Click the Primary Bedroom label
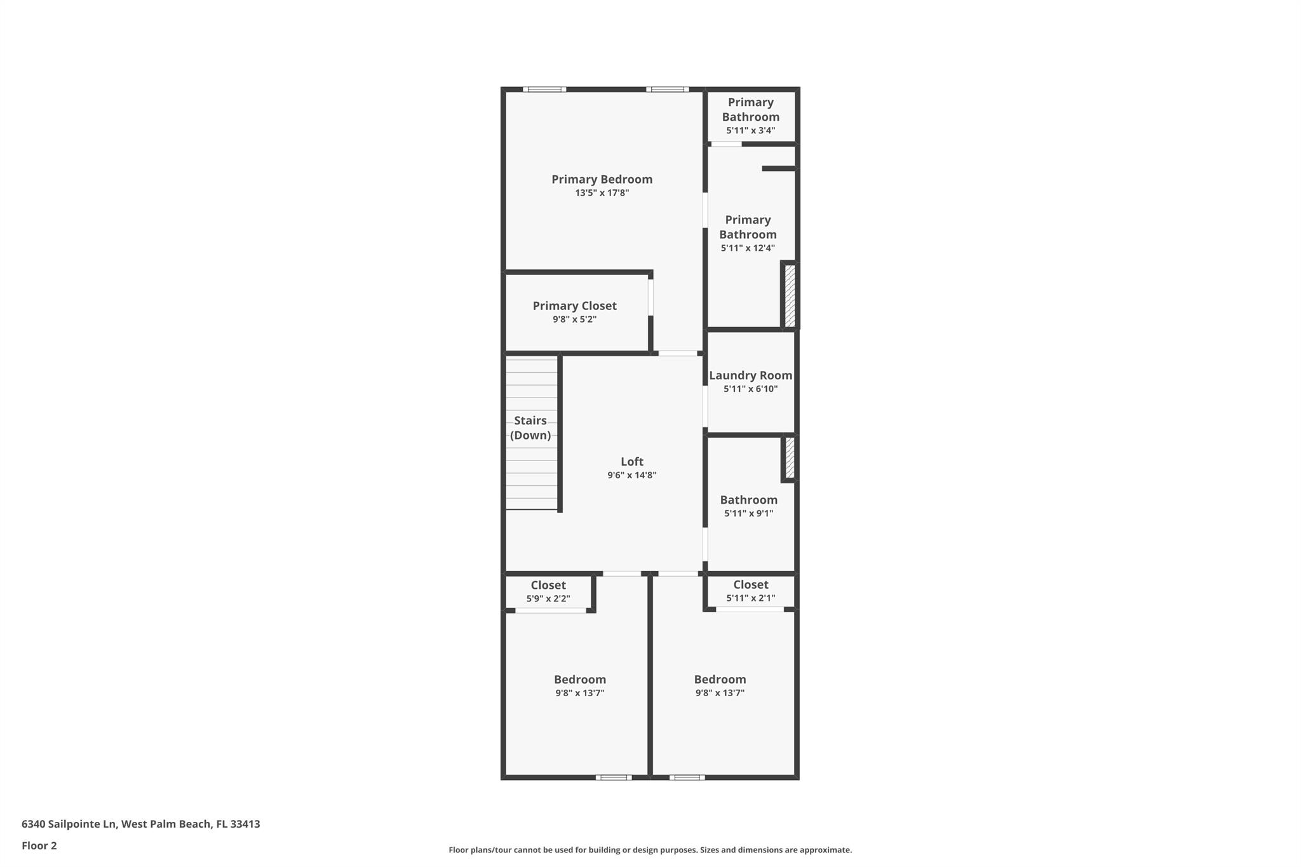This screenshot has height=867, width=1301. click(602, 180)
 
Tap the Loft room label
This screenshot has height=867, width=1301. click(632, 462)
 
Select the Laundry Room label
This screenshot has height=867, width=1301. click(751, 375)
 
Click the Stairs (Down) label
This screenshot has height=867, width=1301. click(530, 427)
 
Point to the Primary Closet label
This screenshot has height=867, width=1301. click(574, 306)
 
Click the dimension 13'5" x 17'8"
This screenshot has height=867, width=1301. click(602, 193)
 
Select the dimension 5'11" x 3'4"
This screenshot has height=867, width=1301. click(751, 131)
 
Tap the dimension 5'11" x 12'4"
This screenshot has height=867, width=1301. click(748, 248)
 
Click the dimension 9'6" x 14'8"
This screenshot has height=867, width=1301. click(632, 475)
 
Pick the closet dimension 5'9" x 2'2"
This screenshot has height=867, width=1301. click(548, 599)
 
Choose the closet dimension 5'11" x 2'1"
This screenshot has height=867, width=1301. click(751, 598)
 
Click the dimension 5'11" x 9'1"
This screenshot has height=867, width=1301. click(749, 514)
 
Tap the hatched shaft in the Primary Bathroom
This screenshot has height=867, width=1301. click(790, 295)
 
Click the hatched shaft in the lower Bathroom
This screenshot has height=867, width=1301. click(790, 457)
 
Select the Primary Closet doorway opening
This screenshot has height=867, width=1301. click(650, 297)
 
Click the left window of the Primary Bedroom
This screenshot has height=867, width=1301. click(544, 90)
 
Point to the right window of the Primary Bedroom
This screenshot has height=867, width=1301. click(668, 90)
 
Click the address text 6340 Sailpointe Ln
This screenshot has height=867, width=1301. click(69, 824)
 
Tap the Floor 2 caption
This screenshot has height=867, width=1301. click(39, 846)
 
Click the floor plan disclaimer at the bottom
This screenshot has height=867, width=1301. click(650, 850)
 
